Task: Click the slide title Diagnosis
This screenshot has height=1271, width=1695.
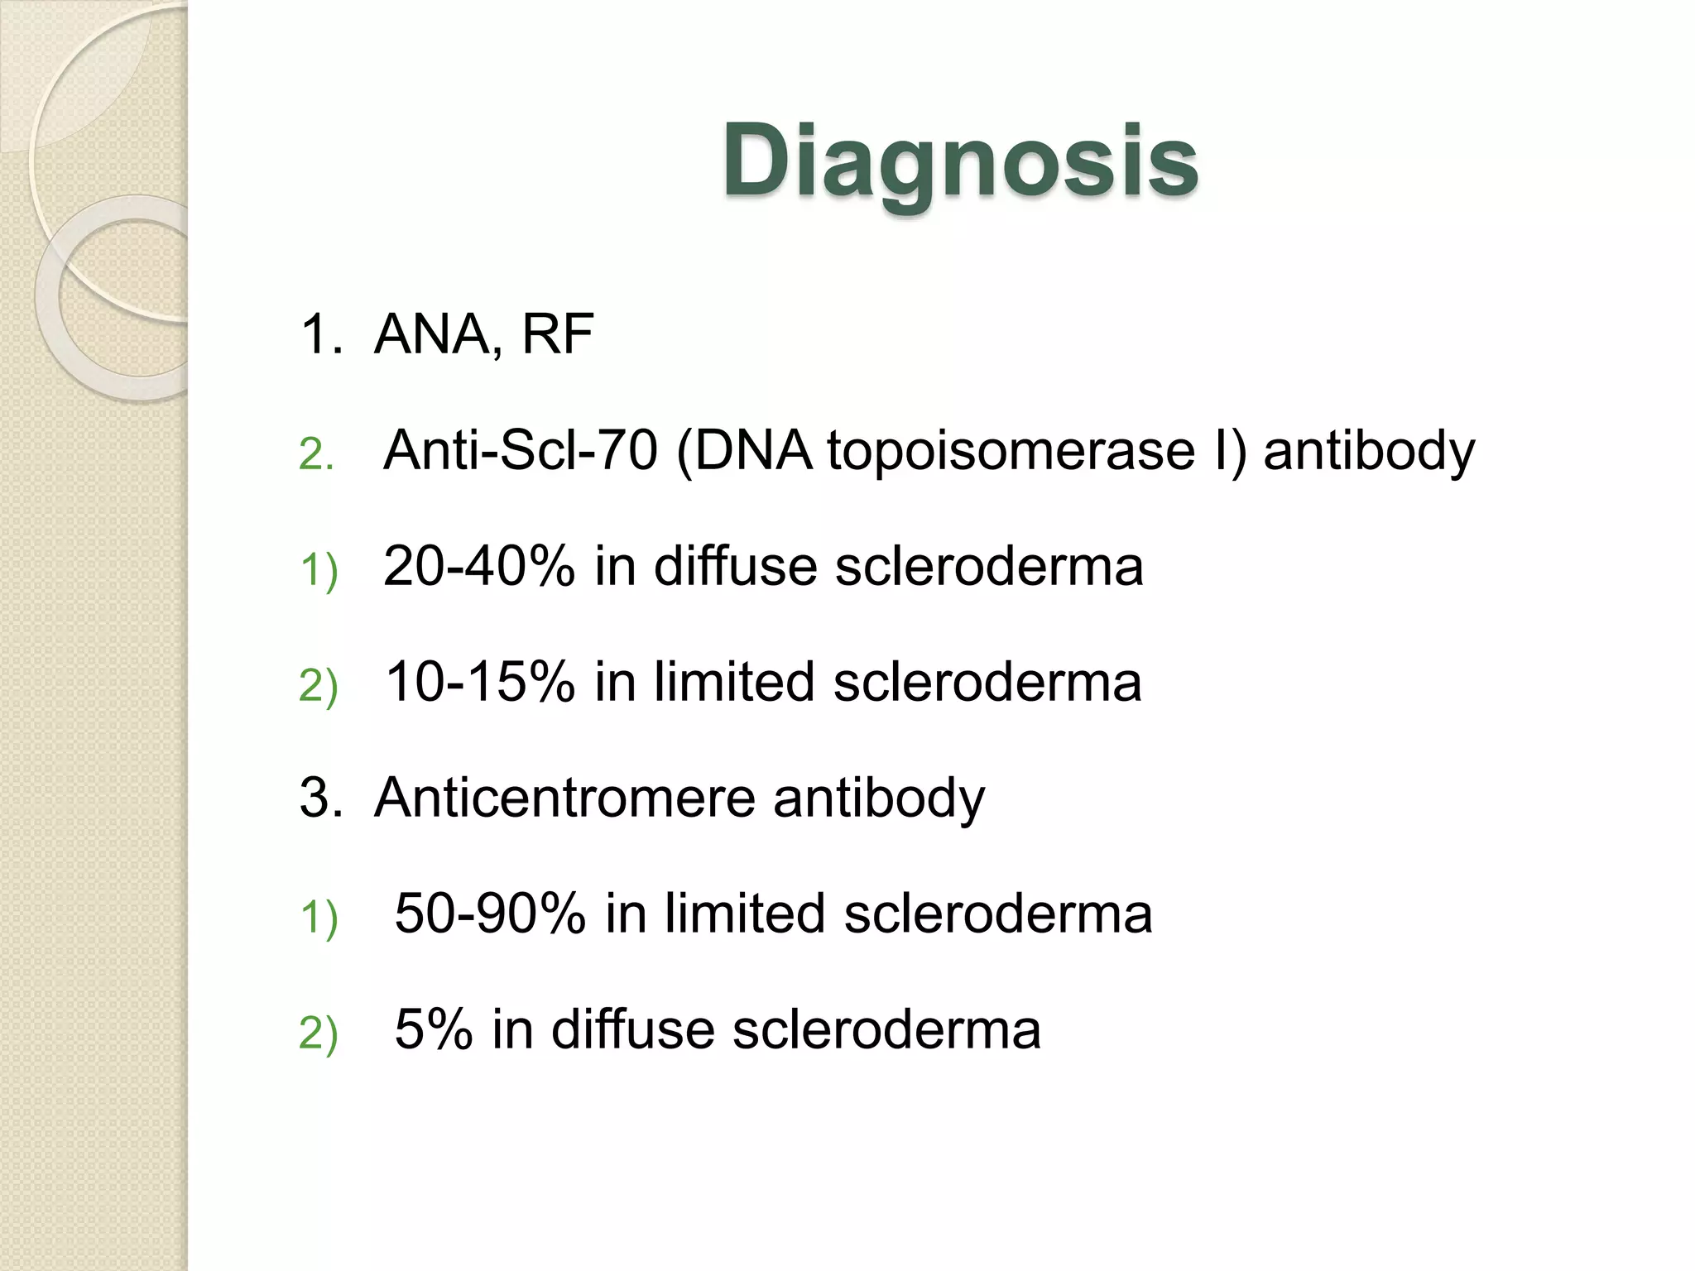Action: (x=960, y=161)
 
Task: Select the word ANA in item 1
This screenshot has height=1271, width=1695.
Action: (x=431, y=334)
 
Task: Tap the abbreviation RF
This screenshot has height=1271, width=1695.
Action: (x=557, y=334)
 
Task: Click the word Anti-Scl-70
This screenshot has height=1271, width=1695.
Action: (x=521, y=451)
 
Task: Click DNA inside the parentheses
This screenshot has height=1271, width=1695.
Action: (x=753, y=451)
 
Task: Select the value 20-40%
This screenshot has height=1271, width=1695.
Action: (x=478, y=567)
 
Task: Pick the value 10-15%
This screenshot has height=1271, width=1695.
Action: (x=480, y=683)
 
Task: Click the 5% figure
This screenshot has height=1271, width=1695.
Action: (x=433, y=1030)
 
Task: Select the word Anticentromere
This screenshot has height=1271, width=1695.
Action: (x=564, y=799)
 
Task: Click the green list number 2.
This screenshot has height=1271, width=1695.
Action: (x=315, y=454)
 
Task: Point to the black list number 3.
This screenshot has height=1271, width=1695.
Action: (x=319, y=799)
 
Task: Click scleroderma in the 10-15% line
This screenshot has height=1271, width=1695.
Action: (x=987, y=683)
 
